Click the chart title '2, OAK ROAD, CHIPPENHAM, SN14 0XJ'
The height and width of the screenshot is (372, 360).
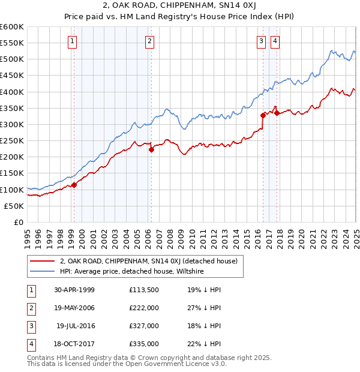point(180,7)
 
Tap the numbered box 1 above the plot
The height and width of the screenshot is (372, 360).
point(72,41)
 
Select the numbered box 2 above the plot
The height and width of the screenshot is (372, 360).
point(149,41)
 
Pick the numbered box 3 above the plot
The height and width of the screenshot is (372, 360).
point(262,41)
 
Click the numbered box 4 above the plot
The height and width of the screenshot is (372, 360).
point(275,41)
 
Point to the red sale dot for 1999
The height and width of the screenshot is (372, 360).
point(74,185)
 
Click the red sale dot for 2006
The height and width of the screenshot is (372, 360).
point(151,150)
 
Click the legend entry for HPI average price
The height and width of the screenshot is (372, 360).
point(132,271)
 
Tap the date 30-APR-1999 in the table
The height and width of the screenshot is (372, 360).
point(74,290)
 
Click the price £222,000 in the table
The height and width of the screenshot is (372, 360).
point(144,308)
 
